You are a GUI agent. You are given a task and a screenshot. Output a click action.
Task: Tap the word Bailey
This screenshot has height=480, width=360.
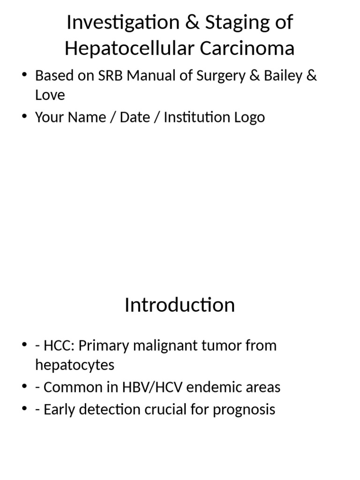coord(282,76)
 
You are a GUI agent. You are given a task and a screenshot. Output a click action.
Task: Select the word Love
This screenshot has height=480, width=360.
coord(50,95)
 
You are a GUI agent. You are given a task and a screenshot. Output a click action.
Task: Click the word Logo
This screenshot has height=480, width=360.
coord(250,117)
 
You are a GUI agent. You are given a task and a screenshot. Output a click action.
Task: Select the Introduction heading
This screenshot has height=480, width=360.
coord(180,305)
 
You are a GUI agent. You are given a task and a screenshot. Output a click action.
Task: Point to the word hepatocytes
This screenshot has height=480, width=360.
coord(75,365)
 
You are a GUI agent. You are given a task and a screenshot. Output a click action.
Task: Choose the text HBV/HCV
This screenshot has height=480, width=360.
coord(157,387)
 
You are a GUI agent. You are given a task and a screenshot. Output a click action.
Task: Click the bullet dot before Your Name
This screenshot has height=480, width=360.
coord(24,117)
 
